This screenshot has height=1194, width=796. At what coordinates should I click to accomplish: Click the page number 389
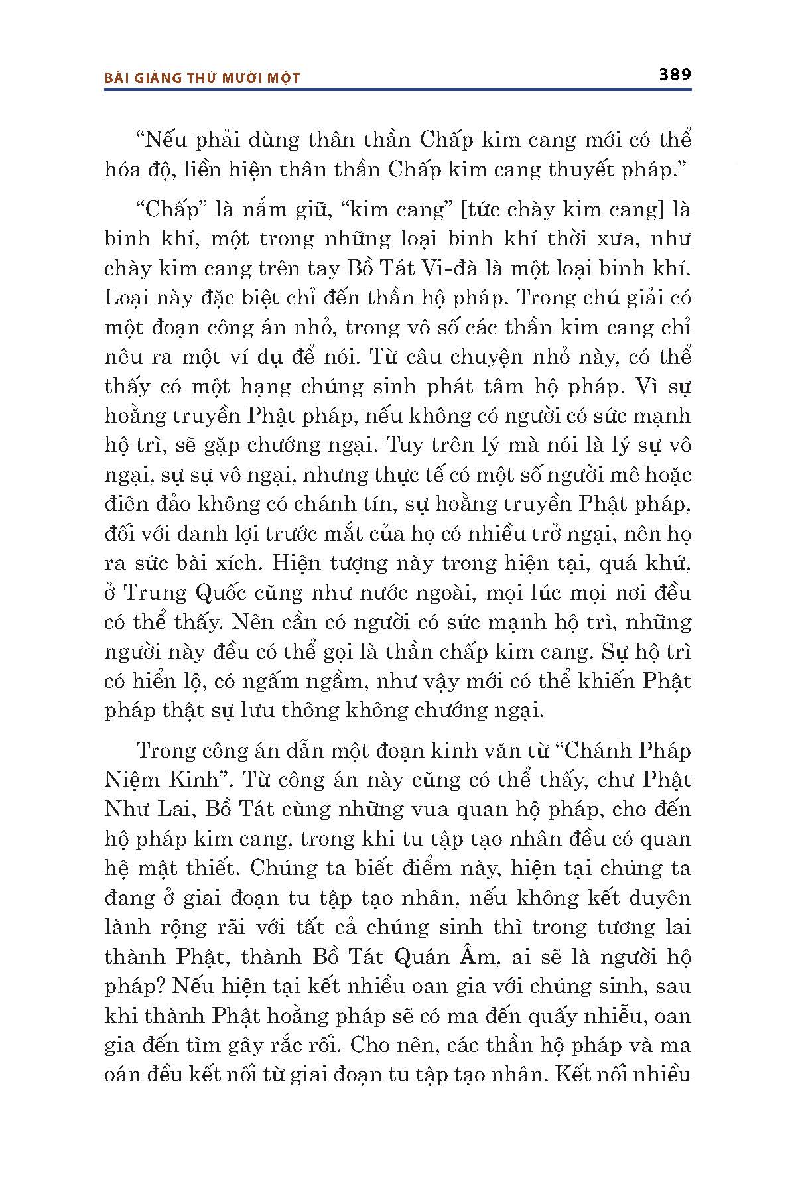675,74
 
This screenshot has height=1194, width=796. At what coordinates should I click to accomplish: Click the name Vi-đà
442,269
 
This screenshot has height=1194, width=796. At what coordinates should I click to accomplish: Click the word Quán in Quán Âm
418,957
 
